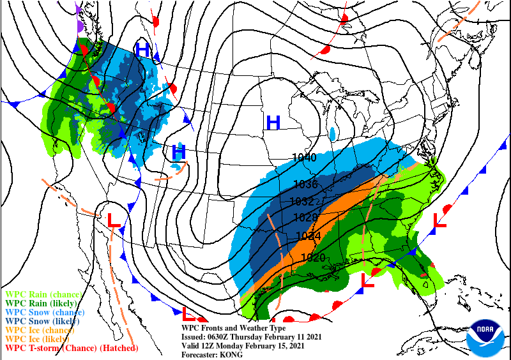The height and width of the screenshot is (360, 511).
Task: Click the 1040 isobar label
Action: (304, 158)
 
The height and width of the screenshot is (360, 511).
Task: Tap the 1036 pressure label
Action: (305, 184)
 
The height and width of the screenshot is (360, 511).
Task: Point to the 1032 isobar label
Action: (301, 201)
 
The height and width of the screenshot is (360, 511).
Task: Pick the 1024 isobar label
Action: (309, 236)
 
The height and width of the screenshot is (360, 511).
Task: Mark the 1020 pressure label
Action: (313, 257)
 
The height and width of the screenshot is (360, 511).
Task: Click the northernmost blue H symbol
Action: (142, 49)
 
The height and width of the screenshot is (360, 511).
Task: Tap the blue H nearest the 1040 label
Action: (273, 121)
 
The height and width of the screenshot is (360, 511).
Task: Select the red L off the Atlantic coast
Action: (439, 221)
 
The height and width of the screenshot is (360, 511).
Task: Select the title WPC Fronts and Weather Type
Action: (234, 328)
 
